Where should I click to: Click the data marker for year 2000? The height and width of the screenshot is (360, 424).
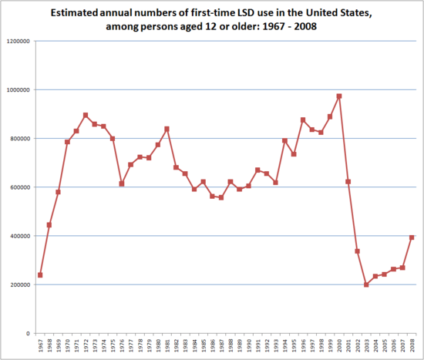pos(339,96)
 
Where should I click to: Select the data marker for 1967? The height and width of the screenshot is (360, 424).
pos(40,274)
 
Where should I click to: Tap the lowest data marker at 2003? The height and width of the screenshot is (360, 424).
pos(366,284)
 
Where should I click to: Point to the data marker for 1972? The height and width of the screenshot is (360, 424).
pos(86,115)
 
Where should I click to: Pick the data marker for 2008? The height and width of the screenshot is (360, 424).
pos(412,237)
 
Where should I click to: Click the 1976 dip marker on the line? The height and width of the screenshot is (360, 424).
pos(122,183)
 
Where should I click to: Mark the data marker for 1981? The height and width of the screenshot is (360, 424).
pos(167,129)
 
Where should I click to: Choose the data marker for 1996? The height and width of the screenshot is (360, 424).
pos(303,119)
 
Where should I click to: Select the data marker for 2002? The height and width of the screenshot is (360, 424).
pos(357,251)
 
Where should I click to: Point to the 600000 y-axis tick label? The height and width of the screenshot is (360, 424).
pos(20,187)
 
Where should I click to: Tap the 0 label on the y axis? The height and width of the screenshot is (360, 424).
pos(28,333)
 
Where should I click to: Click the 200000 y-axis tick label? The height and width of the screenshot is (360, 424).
pos(20,284)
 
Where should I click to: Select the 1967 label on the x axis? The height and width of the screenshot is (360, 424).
pos(40,348)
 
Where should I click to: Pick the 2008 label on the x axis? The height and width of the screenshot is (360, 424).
pos(412,348)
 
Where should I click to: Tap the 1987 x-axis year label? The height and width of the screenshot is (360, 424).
pos(221,348)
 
